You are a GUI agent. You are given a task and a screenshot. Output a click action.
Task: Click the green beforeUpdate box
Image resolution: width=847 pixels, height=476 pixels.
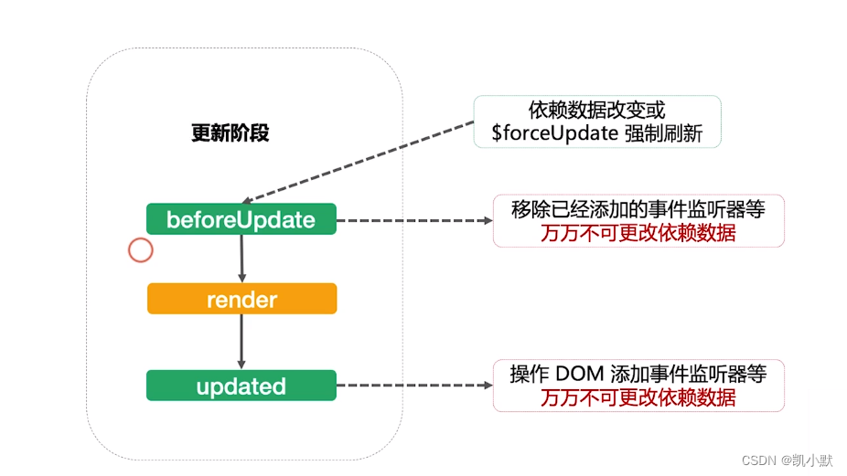tap(241, 219)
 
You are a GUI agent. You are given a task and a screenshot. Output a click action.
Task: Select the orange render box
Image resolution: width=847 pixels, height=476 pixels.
tap(241, 299)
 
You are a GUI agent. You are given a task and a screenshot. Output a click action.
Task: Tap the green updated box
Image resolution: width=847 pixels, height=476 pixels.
tap(241, 386)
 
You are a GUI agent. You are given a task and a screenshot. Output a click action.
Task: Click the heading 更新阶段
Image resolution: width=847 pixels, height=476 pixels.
tap(230, 133)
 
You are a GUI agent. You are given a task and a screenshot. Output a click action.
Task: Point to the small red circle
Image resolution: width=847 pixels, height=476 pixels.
tap(140, 249)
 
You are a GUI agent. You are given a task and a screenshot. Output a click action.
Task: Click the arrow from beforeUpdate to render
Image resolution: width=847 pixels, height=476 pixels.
tap(241, 258)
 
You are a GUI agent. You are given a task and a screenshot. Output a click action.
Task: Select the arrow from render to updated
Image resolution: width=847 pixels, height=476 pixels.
tap(241, 342)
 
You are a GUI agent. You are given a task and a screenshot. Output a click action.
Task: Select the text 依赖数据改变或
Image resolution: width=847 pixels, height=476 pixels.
tap(596, 110)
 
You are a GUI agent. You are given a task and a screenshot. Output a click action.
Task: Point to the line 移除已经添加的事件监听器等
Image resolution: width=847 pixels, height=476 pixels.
tap(638, 209)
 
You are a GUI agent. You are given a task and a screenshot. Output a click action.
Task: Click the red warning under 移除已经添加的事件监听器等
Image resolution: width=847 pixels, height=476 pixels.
tap(638, 233)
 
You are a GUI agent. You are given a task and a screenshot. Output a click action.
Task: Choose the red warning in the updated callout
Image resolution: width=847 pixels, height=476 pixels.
tap(638, 397)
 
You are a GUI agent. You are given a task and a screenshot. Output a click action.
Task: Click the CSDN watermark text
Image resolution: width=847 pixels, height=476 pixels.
tap(758, 460)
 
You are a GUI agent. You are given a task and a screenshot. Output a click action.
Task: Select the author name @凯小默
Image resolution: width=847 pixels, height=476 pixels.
tap(807, 460)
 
